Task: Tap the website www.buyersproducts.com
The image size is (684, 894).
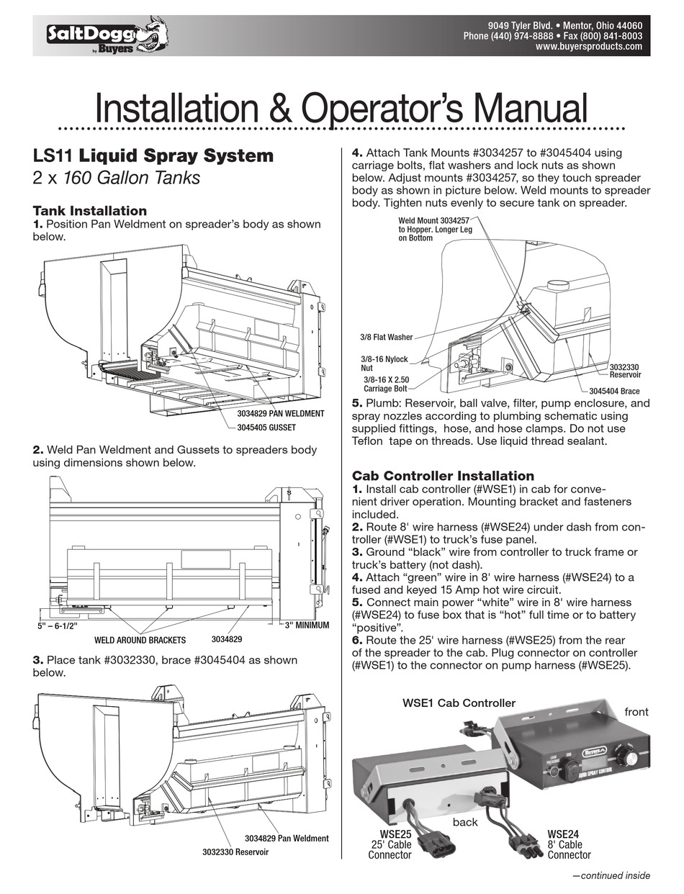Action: pyautogui.click(x=588, y=47)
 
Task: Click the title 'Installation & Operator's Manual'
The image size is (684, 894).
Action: pyautogui.click(x=341, y=109)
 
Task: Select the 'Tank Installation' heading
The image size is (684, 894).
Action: pyautogui.click(x=90, y=211)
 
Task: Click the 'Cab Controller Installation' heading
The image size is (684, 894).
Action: pyautogui.click(x=443, y=476)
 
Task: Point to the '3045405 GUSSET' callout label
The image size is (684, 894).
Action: pyautogui.click(x=271, y=426)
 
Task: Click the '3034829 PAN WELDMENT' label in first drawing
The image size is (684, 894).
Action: pyautogui.click(x=281, y=414)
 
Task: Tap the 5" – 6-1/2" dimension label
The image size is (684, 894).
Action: pyautogui.click(x=57, y=626)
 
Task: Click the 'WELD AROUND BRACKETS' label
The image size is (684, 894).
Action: pyautogui.click(x=140, y=639)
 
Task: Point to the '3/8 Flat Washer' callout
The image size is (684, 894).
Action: pyautogui.click(x=385, y=336)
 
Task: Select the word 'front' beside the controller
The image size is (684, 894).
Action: pyautogui.click(x=636, y=712)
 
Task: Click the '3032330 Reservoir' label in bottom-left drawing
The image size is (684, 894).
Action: pyautogui.click(x=235, y=852)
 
